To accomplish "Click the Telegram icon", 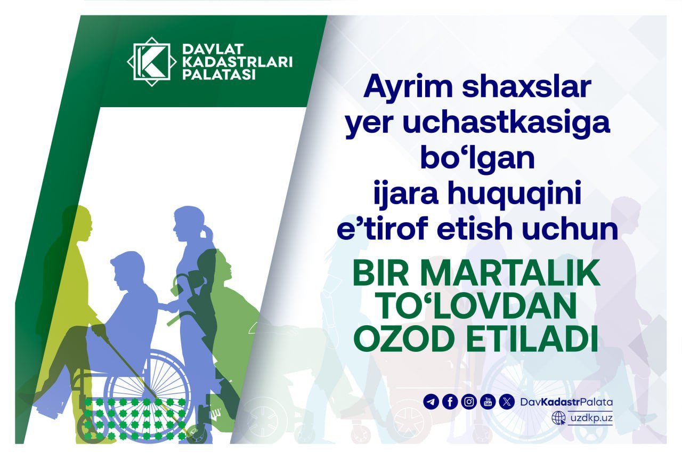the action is (431, 402).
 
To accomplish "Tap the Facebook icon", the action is (450, 402).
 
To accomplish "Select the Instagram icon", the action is (469, 402).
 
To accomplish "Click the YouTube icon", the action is (488, 402).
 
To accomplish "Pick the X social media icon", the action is (507, 402).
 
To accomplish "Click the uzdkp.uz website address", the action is (591, 418).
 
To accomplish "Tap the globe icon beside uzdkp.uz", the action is (558, 417).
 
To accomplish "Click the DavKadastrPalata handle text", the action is (566, 402).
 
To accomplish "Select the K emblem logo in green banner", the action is (152, 62).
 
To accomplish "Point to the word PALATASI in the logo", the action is (219, 75).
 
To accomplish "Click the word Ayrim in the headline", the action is (408, 87).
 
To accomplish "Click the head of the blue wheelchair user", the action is (128, 269).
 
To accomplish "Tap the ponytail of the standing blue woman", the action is (208, 233).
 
